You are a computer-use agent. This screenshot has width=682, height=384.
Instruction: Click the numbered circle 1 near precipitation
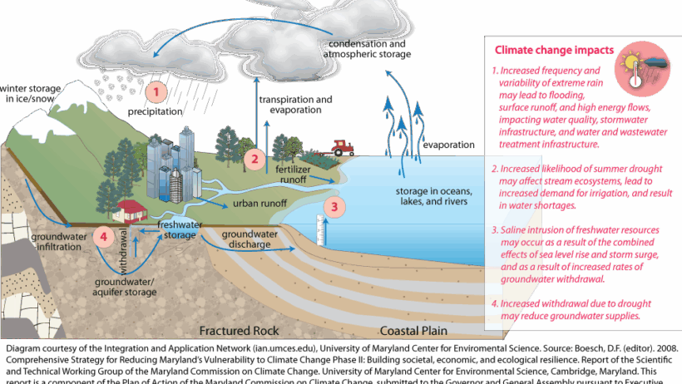[156, 88]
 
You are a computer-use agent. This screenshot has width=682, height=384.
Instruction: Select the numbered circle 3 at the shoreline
[334, 207]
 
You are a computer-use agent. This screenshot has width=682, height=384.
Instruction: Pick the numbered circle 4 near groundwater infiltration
[104, 237]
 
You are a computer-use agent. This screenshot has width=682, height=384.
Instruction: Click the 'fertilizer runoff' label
[298, 173]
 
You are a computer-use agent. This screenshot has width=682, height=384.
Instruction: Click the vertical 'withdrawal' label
[126, 246]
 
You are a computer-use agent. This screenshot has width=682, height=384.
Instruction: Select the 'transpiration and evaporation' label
[295, 104]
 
